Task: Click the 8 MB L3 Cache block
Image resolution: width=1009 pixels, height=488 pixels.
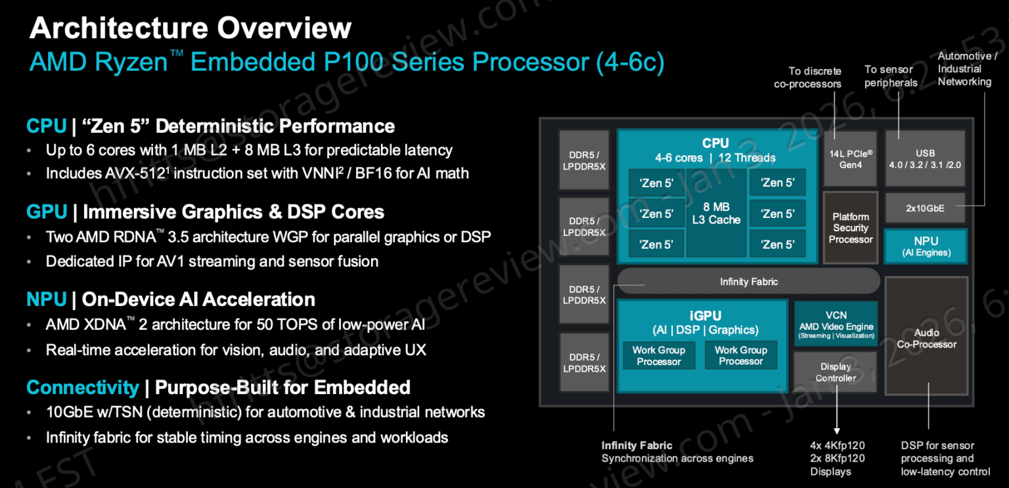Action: click(x=716, y=213)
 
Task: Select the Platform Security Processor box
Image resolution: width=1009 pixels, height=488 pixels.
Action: click(x=851, y=228)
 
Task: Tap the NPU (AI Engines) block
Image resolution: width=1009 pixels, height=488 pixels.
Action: click(x=926, y=246)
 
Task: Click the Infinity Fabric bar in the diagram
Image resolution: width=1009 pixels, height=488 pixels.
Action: click(x=748, y=281)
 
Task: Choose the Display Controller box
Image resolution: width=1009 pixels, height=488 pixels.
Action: click(x=836, y=372)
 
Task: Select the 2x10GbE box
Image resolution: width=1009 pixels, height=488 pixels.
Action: click(x=925, y=208)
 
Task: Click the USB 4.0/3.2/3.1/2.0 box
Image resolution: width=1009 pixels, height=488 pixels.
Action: click(x=925, y=159)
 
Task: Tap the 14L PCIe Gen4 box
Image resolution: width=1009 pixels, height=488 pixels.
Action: click(x=851, y=159)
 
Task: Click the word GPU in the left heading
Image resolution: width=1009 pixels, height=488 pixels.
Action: click(x=47, y=211)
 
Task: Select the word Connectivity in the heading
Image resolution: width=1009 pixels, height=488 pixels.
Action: click(x=82, y=387)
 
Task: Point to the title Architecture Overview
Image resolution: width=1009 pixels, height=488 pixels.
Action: click(x=191, y=28)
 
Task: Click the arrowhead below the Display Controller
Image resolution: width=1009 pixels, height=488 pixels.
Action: click(x=838, y=430)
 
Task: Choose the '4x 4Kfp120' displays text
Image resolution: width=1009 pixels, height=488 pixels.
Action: click(x=838, y=445)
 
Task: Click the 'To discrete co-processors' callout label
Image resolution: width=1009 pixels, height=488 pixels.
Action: click(x=808, y=78)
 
